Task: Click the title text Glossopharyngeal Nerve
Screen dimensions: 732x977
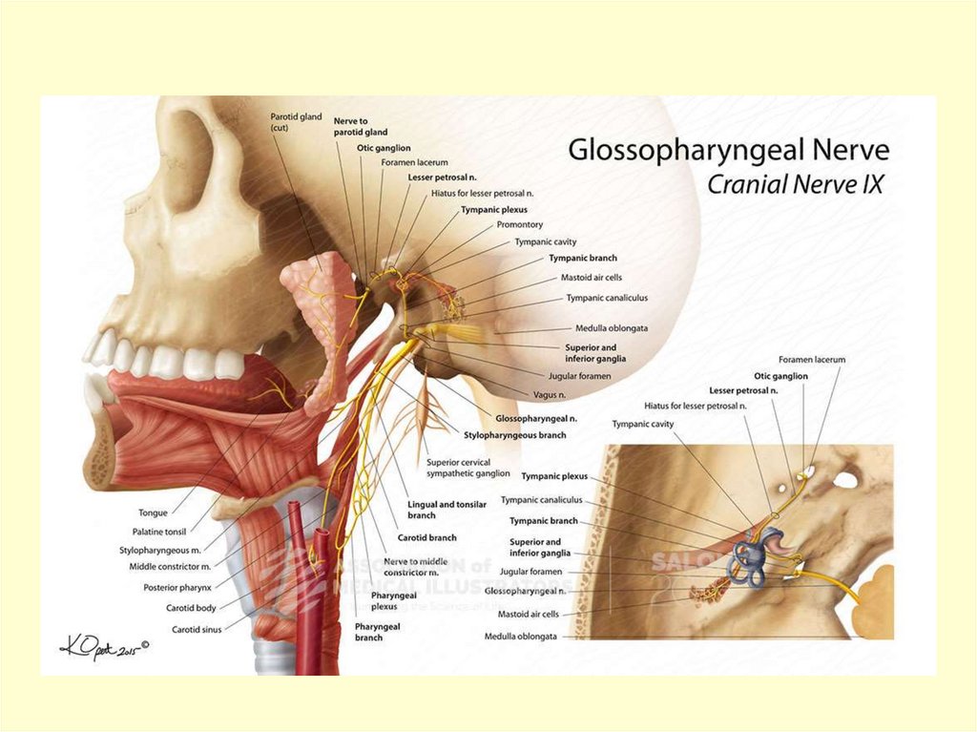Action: [729, 151]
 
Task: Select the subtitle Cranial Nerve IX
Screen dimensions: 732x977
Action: [795, 184]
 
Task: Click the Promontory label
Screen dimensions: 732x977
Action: [520, 225]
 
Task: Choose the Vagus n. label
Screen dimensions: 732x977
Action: [550, 394]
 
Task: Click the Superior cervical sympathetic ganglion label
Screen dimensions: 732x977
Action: [468, 468]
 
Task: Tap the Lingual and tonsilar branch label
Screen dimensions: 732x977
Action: [435, 510]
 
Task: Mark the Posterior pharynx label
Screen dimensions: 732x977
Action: [177, 588]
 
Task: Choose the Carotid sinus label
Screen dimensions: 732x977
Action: [197, 629]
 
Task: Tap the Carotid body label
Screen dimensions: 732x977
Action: [193, 608]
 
